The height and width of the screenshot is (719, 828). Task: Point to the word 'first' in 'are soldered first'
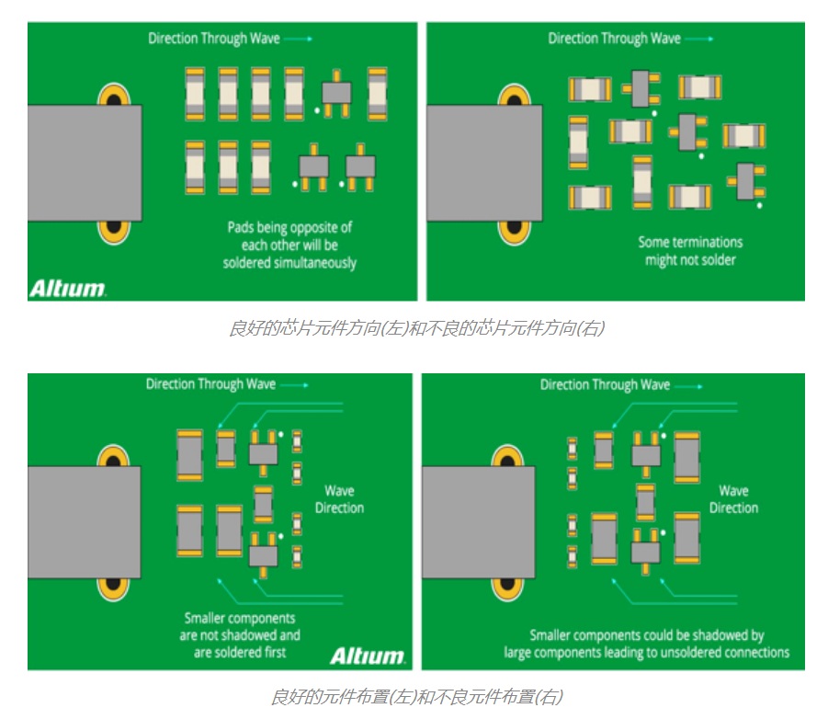click(271, 653)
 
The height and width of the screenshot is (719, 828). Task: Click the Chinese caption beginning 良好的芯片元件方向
click(416, 328)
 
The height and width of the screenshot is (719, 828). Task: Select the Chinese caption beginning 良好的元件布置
click(416, 696)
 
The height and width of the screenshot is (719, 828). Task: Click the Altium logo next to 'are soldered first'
click(367, 656)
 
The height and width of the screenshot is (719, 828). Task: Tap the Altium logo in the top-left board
click(67, 289)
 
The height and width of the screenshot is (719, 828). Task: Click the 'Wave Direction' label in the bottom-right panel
click(733, 499)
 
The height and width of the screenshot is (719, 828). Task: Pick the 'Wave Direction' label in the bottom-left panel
click(339, 499)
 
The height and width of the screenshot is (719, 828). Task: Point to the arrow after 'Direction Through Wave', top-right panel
click(698, 39)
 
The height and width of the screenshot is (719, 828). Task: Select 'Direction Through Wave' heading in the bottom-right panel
click(605, 384)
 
